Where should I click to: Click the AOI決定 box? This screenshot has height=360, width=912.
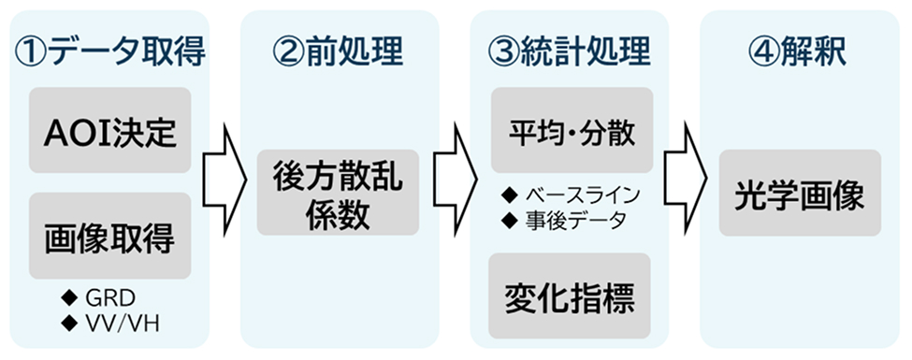[x=109, y=131]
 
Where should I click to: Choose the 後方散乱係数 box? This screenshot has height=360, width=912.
[x=339, y=193]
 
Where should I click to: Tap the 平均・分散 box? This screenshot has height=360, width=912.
[x=571, y=131]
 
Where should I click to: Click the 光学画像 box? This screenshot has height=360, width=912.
[x=799, y=193]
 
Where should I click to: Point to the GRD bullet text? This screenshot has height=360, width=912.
[x=113, y=298]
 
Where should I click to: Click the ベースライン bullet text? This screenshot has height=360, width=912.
[x=581, y=195]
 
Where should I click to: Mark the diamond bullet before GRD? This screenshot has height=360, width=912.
[x=67, y=298]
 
